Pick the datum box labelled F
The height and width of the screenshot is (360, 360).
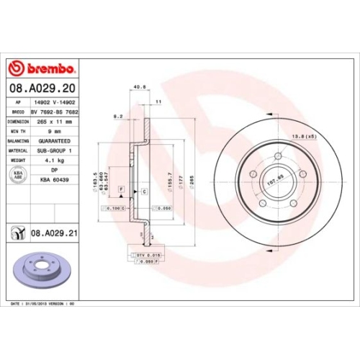(121, 188)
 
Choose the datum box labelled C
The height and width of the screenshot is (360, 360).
(144, 191)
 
